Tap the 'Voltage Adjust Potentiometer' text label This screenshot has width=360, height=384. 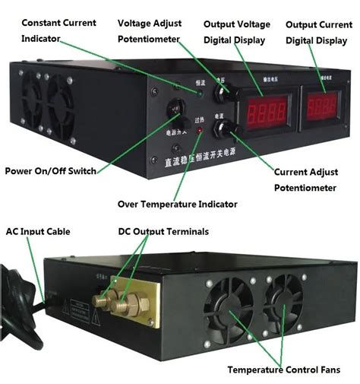click(x=149, y=30)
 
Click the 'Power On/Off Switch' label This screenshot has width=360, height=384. click(x=51, y=171)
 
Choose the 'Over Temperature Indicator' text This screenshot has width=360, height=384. click(x=178, y=204)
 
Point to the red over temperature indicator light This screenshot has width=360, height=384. click(x=201, y=132)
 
